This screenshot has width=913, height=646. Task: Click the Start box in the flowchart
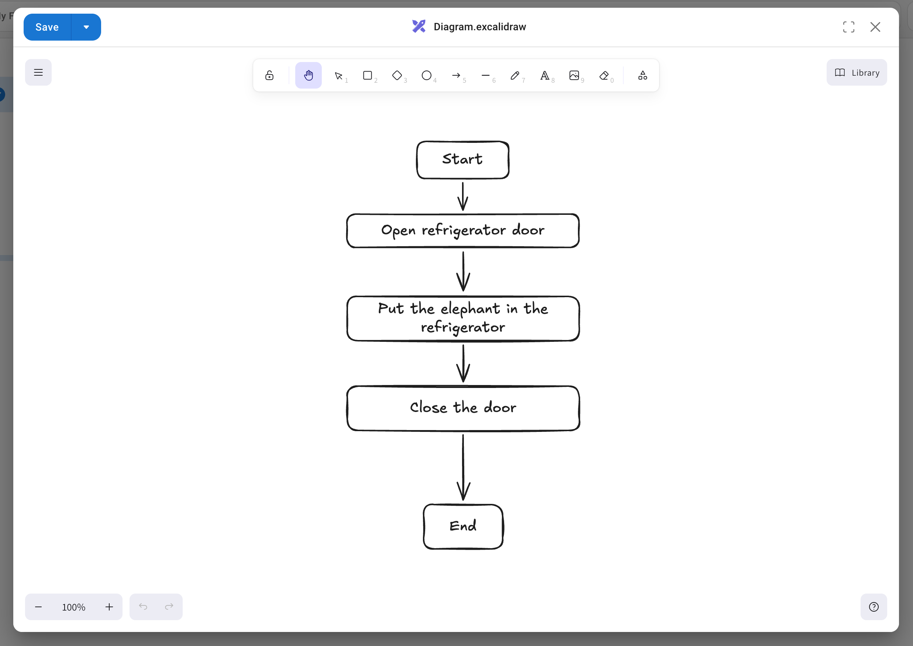[462, 159]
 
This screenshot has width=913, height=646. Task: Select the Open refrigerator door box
[462, 231]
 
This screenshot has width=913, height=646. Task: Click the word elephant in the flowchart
[470, 309]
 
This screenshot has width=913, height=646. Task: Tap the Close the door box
[462, 408]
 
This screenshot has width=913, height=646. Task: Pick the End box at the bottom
[463, 526]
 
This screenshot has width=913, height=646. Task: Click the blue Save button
[47, 27]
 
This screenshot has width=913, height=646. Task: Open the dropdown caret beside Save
[86, 27]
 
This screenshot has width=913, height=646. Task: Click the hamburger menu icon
[38, 72]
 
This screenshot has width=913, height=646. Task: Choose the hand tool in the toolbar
[308, 75]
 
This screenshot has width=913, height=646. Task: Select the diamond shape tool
[397, 75]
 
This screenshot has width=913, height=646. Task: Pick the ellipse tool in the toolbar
[426, 75]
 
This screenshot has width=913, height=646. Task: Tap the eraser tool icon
[604, 75]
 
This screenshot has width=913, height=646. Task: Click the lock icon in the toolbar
[269, 75]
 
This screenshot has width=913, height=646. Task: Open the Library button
[857, 72]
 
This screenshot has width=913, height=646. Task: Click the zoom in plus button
[109, 607]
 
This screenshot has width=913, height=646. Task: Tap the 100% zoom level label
[73, 607]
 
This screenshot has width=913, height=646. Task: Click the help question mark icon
[874, 607]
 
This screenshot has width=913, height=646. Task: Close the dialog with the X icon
[875, 27]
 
